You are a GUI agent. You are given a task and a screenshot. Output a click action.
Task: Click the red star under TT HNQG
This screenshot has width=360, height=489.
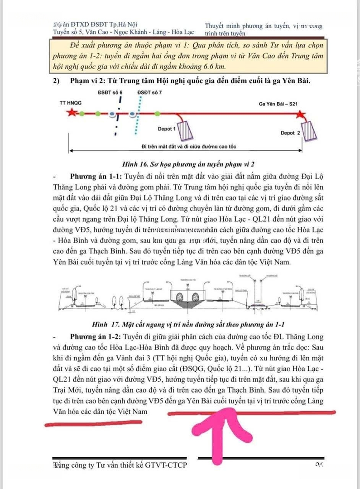[72, 113]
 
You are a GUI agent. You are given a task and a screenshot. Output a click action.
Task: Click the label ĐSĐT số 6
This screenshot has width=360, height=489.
[110, 92]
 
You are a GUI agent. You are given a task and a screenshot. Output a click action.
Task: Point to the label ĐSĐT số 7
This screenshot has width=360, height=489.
[149, 92]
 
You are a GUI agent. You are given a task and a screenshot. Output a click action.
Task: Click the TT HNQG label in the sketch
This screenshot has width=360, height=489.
[71, 103]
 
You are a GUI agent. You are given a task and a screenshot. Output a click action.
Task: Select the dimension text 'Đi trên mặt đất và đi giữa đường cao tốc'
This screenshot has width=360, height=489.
[188, 147]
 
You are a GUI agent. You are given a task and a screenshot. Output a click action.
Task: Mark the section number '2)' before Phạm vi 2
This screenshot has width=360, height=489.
[57, 81]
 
